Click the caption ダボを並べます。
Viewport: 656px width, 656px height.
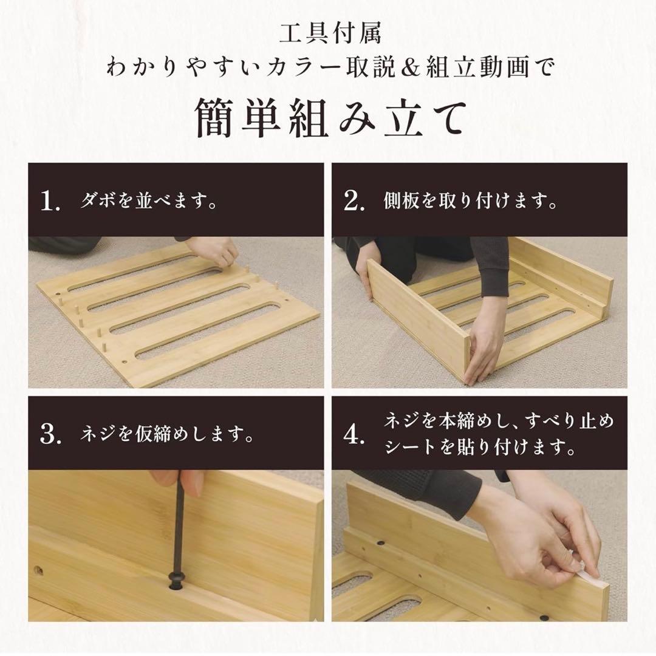(x=149, y=202)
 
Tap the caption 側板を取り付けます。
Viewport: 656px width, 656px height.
(x=471, y=202)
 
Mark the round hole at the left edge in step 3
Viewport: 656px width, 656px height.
(x=38, y=570)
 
